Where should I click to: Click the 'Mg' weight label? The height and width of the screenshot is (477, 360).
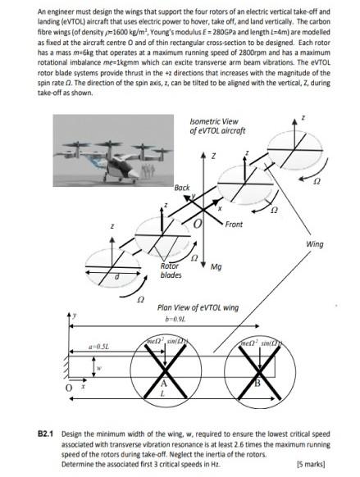point(216,266)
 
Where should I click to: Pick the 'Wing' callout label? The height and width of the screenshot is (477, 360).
point(314,244)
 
